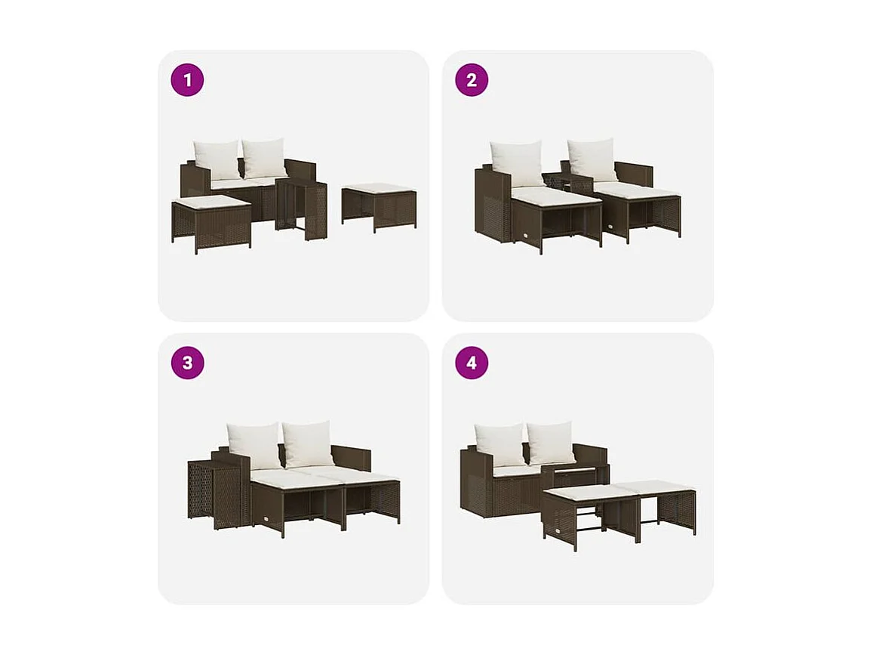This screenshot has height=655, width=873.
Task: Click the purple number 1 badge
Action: click(187, 80)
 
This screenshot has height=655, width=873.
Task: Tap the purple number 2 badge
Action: click(472, 80)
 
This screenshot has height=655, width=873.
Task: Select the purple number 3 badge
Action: click(187, 363)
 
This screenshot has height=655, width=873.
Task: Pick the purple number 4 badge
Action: click(472, 363)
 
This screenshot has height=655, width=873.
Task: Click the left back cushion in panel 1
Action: click(217, 159)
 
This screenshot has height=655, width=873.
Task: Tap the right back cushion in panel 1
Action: click(264, 158)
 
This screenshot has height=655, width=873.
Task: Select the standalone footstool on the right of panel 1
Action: click(378, 204)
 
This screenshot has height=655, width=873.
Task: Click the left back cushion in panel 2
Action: click(517, 162)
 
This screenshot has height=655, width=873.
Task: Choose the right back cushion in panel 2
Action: click(592, 159)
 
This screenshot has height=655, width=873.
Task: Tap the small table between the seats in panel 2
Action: click(558, 182)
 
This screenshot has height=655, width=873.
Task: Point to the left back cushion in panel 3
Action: click(254, 446)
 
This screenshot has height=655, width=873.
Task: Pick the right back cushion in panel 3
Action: click(308, 443)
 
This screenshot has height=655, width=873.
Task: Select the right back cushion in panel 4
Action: click(551, 443)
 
